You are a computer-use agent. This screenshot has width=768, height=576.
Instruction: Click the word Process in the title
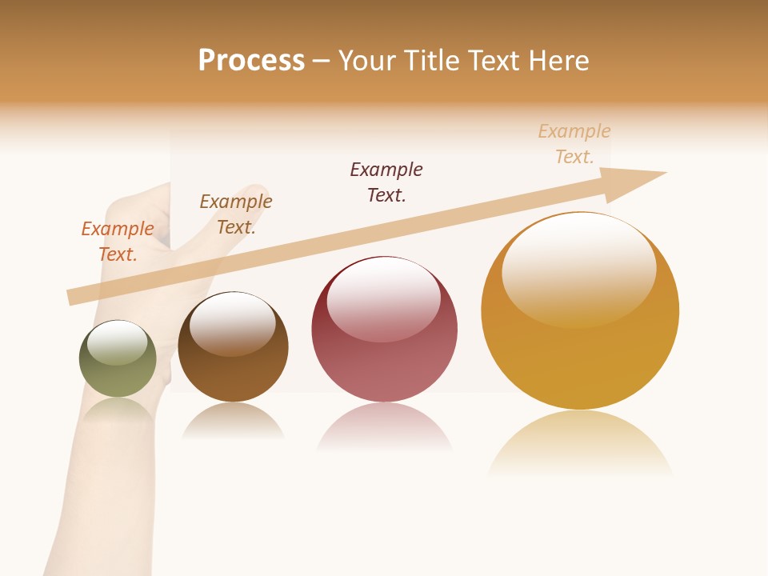(x=251, y=61)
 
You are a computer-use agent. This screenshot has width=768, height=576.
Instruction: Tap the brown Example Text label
(x=236, y=214)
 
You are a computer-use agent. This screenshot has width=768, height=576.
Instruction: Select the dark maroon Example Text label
(x=386, y=182)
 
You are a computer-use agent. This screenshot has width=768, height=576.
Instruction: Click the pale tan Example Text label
(x=574, y=144)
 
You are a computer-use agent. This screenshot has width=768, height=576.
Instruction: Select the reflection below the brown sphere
(x=233, y=421)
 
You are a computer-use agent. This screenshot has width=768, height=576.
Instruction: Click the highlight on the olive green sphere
(x=118, y=342)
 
